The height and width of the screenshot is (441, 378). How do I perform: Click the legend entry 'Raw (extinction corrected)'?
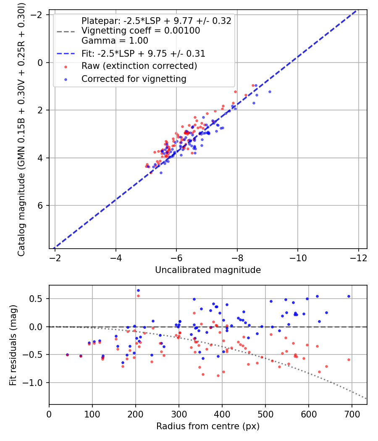[x=139, y=66]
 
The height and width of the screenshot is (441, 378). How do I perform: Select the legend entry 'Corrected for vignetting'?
[x=134, y=79]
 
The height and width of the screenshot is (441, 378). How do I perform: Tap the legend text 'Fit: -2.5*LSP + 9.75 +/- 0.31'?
[x=143, y=53]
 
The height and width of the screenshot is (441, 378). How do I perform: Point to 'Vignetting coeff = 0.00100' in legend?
[x=141, y=31]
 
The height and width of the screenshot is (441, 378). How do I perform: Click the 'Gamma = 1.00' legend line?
[x=115, y=41]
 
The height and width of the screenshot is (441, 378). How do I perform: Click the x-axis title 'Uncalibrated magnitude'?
[x=208, y=270]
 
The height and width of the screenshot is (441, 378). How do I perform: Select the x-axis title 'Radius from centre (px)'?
[x=208, y=426]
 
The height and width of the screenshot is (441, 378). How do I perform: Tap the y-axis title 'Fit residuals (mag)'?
[x=13, y=345]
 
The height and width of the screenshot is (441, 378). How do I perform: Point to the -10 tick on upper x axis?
[x=298, y=256]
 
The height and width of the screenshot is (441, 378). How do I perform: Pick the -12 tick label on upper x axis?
[x=358, y=256]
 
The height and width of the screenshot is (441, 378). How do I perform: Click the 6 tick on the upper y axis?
[x=40, y=205]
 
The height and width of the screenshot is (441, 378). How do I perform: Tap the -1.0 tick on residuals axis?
[x=37, y=383]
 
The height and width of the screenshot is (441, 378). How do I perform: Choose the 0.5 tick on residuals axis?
[x=40, y=299]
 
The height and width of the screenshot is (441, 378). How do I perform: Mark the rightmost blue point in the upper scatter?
[x=270, y=92]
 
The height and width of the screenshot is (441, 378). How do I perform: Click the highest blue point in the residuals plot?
[x=138, y=290]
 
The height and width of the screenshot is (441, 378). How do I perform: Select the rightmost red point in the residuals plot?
[x=349, y=360]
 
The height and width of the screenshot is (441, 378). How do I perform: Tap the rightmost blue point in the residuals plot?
[x=349, y=296]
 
